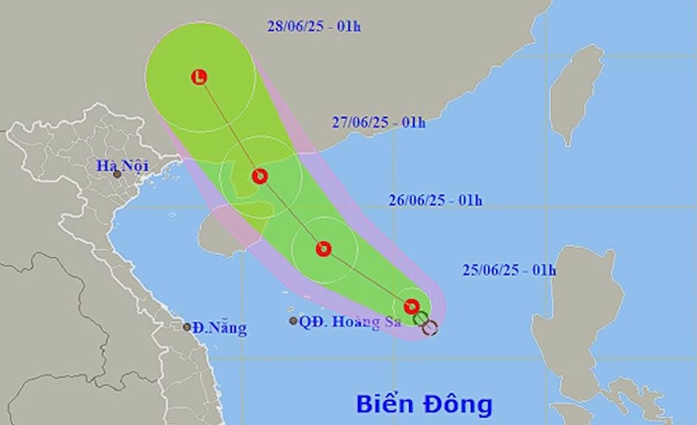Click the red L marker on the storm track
pos(199,77)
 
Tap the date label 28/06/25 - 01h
pos(314,27)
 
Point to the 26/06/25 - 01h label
pos(435,200)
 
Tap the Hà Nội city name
pos(123,166)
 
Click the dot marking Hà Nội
pos(117,175)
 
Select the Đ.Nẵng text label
pos(220,328)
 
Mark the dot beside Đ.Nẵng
pos(188,327)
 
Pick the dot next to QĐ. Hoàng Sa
pos(293,321)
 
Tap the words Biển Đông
pos(424,404)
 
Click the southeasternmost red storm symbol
pos(412,306)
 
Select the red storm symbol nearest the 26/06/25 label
pos(323,249)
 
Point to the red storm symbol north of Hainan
pos(259,176)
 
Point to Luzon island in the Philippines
pos(583,310)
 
